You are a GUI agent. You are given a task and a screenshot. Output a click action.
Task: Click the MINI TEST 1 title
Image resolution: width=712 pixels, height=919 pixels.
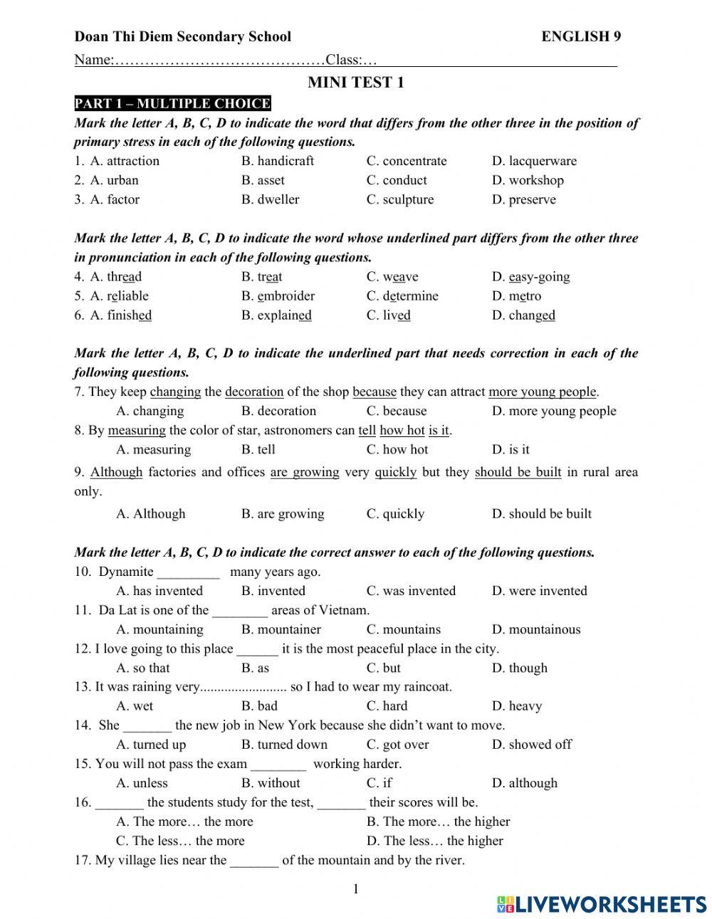click(x=355, y=83)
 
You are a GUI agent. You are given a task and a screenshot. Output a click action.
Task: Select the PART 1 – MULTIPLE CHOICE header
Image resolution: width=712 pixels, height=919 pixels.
click(x=172, y=104)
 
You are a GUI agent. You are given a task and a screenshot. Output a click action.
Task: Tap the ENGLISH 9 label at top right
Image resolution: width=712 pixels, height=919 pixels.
click(x=580, y=37)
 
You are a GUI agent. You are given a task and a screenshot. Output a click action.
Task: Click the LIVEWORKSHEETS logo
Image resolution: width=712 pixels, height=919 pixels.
click(x=602, y=903)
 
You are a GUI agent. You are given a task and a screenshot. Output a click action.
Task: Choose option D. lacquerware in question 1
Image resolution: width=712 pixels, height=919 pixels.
click(x=534, y=161)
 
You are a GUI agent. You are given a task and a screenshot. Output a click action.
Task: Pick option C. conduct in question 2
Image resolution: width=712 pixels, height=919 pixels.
click(x=397, y=180)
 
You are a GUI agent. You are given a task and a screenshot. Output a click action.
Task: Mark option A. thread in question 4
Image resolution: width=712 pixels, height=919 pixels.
click(x=116, y=277)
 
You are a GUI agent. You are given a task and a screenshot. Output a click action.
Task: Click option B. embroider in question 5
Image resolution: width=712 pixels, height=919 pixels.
click(x=278, y=296)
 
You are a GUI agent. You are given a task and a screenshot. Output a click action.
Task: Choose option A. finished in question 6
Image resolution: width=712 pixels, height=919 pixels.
click(x=120, y=315)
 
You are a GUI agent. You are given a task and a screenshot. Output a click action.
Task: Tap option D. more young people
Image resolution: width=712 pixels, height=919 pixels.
click(x=553, y=411)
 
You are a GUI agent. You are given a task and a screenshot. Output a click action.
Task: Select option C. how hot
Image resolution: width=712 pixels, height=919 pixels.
click(x=397, y=449)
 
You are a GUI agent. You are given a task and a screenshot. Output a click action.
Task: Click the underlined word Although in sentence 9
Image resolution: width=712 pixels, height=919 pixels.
click(x=116, y=472)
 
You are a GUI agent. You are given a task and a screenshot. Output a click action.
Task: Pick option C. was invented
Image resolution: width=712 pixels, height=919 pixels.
click(x=411, y=591)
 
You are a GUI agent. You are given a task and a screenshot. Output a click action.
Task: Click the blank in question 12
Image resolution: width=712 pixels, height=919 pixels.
click(x=257, y=649)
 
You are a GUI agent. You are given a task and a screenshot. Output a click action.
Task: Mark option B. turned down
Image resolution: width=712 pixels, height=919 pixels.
click(x=284, y=745)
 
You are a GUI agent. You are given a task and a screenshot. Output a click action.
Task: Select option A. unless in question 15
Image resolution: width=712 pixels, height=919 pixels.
click(x=142, y=783)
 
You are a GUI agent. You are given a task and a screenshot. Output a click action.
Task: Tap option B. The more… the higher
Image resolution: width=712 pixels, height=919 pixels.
click(x=438, y=821)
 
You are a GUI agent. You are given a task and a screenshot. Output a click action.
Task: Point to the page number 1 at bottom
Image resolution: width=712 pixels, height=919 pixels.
click(x=356, y=888)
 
